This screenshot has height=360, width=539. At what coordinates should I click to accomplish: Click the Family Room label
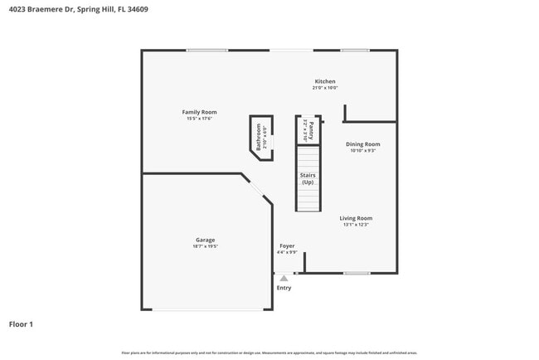(199, 112)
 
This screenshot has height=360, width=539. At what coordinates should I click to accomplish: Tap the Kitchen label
(324, 81)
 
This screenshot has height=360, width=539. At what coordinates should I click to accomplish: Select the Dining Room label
(363, 144)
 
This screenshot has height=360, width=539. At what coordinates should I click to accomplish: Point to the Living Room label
(356, 218)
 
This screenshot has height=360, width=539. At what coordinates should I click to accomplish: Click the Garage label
(205, 241)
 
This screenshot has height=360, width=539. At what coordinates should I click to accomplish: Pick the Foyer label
(287, 246)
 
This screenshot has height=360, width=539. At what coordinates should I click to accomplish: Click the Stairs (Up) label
(308, 178)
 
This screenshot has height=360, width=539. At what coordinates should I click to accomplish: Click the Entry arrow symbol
(284, 279)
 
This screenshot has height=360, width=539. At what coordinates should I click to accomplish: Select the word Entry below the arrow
(284, 288)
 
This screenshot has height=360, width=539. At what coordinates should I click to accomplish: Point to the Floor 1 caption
(21, 324)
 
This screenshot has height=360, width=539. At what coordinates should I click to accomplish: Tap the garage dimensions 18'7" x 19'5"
(205, 247)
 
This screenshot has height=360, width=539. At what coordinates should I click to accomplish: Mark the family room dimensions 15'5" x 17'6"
(199, 119)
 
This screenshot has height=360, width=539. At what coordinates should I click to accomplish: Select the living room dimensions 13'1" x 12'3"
(356, 225)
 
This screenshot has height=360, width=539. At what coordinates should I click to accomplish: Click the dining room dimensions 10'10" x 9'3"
(363, 151)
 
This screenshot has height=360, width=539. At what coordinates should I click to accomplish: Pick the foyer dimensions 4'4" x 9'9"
(287, 252)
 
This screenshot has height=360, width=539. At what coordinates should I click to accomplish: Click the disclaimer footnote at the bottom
(269, 353)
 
